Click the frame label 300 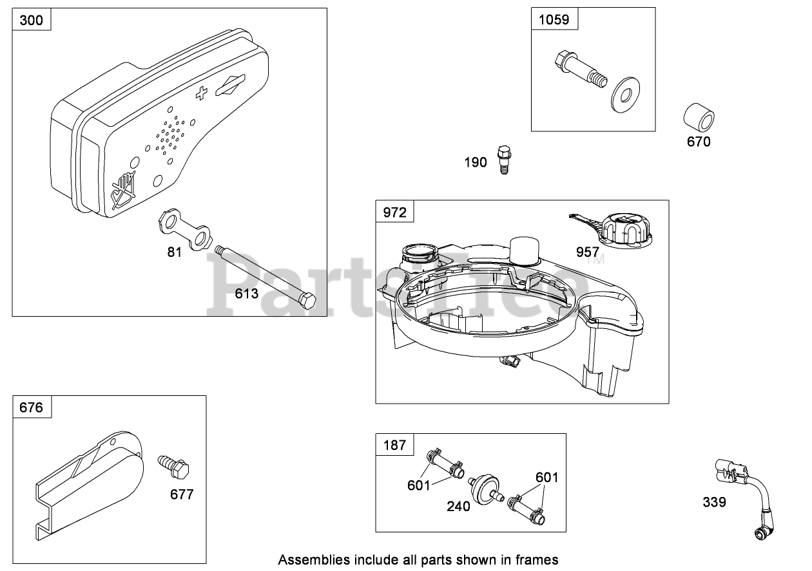[32, 21]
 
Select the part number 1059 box [554, 19]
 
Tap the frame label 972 [394, 212]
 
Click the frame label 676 [32, 407]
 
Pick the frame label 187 [394, 445]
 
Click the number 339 [714, 501]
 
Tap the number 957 [588, 252]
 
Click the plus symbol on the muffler [201, 94]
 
